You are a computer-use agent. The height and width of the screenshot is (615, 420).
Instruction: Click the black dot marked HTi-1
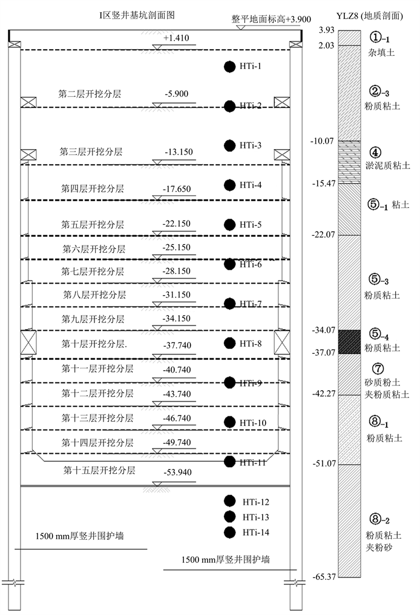point(229,67)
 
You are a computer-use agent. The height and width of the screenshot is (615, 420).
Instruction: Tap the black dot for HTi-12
point(229,501)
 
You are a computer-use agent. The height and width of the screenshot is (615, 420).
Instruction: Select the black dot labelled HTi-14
point(229,533)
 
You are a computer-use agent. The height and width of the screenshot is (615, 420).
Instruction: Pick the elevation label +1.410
point(176,39)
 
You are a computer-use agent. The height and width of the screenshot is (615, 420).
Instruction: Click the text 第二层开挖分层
point(90,94)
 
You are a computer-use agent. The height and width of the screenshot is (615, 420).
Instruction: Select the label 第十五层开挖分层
point(99,470)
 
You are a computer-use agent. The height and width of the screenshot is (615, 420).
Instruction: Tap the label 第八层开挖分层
point(94,295)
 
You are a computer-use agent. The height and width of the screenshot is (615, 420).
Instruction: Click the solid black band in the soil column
point(349,341)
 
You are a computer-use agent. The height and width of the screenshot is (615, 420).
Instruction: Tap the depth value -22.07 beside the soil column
point(323,234)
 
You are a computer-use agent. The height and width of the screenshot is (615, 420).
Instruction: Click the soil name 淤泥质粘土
point(389,164)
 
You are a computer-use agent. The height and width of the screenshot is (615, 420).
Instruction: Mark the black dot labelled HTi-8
point(229,344)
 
